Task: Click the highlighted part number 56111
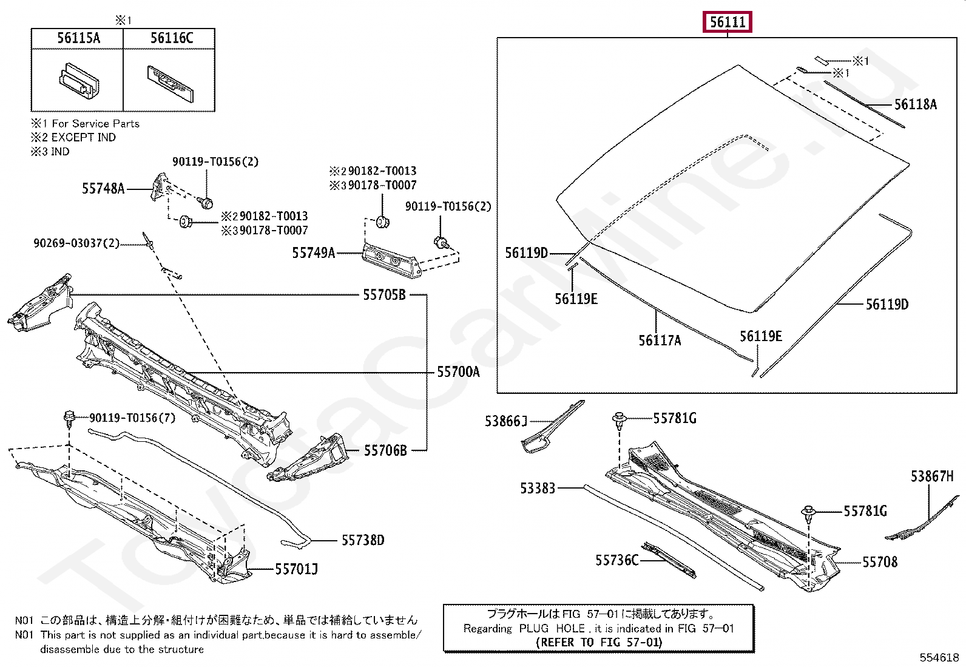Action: (727, 22)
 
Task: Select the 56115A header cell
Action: (78, 38)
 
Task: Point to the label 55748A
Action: (103, 189)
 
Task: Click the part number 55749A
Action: (313, 253)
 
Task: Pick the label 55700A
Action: (458, 372)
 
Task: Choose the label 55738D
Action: (362, 540)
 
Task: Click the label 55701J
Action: (296, 569)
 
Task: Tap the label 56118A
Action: (915, 105)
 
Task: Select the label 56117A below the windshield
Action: (659, 340)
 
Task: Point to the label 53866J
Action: (505, 421)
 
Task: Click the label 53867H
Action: (931, 476)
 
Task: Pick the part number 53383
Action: (538, 488)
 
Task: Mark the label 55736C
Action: (616, 560)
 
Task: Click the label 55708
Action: (879, 562)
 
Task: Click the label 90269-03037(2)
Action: (76, 244)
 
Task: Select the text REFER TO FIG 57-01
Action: (599, 642)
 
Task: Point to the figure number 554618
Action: (939, 657)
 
